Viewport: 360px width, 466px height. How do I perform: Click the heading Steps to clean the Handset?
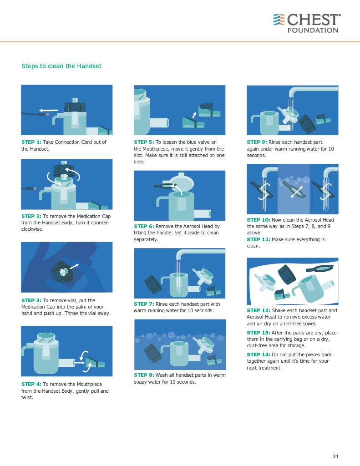[x=61, y=66]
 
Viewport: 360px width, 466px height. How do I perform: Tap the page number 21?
[x=335, y=456]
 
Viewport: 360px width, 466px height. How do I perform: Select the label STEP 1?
[x=31, y=142]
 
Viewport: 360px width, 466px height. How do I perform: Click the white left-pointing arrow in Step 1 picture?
[x=48, y=110]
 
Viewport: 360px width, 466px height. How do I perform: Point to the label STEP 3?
[x=31, y=300]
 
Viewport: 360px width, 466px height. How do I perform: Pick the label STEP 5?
[x=144, y=142]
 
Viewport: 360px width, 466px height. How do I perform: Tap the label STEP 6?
[x=144, y=226]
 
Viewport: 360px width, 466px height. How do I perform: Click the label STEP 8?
[x=144, y=375]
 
